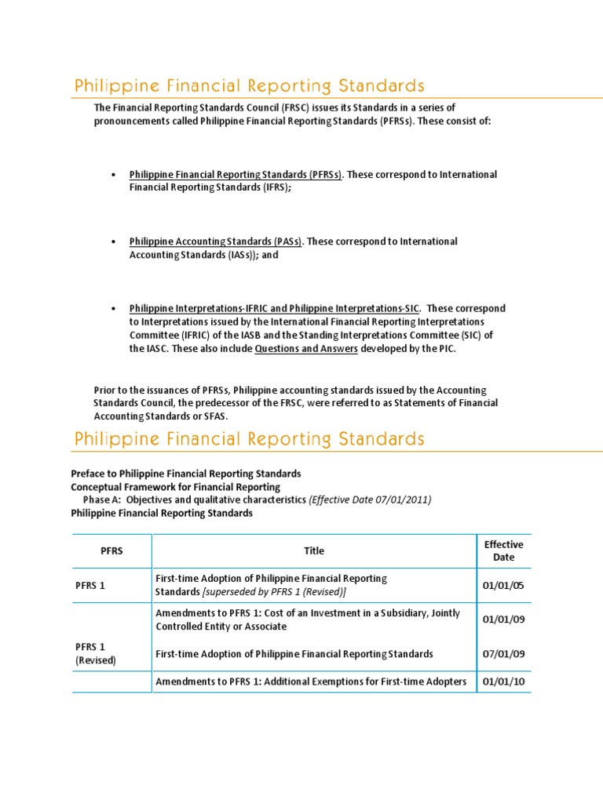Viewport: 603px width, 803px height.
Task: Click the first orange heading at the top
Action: pyautogui.click(x=249, y=85)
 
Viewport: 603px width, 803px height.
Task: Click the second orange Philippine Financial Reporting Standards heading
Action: pyautogui.click(x=249, y=438)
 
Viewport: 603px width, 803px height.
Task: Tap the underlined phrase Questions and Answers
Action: pyautogui.click(x=306, y=350)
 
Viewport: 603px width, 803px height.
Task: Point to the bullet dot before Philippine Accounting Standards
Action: pyautogui.click(x=115, y=242)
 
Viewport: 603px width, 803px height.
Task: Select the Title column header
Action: pyautogui.click(x=314, y=550)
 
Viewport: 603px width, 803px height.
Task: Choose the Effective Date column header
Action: pyautogui.click(x=503, y=550)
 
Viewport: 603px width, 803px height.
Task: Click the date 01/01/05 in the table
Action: pyautogui.click(x=503, y=585)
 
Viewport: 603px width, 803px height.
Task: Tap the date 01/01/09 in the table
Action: pyautogui.click(x=503, y=620)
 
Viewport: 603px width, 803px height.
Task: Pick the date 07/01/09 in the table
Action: pyautogui.click(x=503, y=654)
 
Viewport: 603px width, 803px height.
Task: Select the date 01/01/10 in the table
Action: pyautogui.click(x=503, y=682)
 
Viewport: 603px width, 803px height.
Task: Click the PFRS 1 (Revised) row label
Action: pyautogui.click(x=96, y=653)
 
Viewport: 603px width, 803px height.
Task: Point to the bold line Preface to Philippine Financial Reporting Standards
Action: pyautogui.click(x=185, y=474)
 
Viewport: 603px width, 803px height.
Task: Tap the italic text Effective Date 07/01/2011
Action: pyautogui.click(x=371, y=500)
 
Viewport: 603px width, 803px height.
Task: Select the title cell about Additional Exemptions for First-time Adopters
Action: pyautogui.click(x=311, y=682)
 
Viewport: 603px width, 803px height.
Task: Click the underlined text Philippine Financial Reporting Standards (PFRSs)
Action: pyautogui.click(x=236, y=174)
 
